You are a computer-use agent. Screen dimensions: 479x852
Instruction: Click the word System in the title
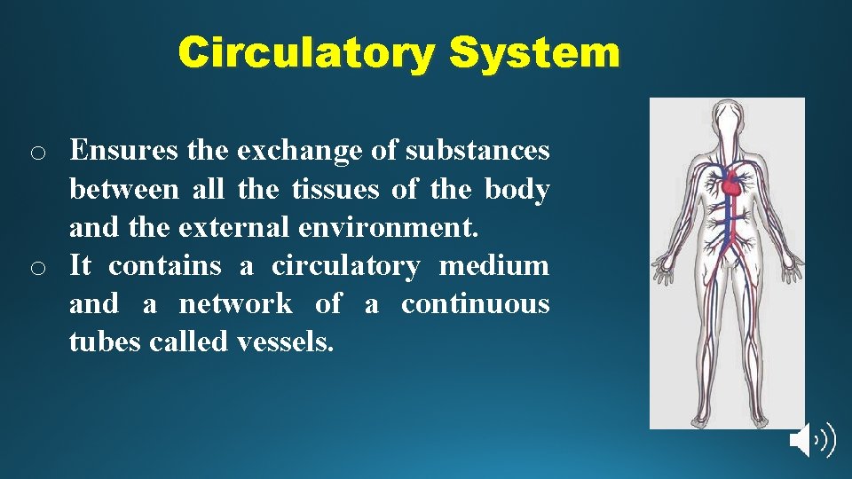[x=534, y=52]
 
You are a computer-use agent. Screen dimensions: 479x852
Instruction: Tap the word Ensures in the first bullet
[x=124, y=152]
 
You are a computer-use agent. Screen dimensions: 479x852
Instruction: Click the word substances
[x=477, y=152]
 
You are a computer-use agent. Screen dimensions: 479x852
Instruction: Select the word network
[x=235, y=304]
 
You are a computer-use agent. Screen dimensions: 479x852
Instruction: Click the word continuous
[x=475, y=304]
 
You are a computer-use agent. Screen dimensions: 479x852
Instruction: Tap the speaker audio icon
[x=811, y=440]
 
